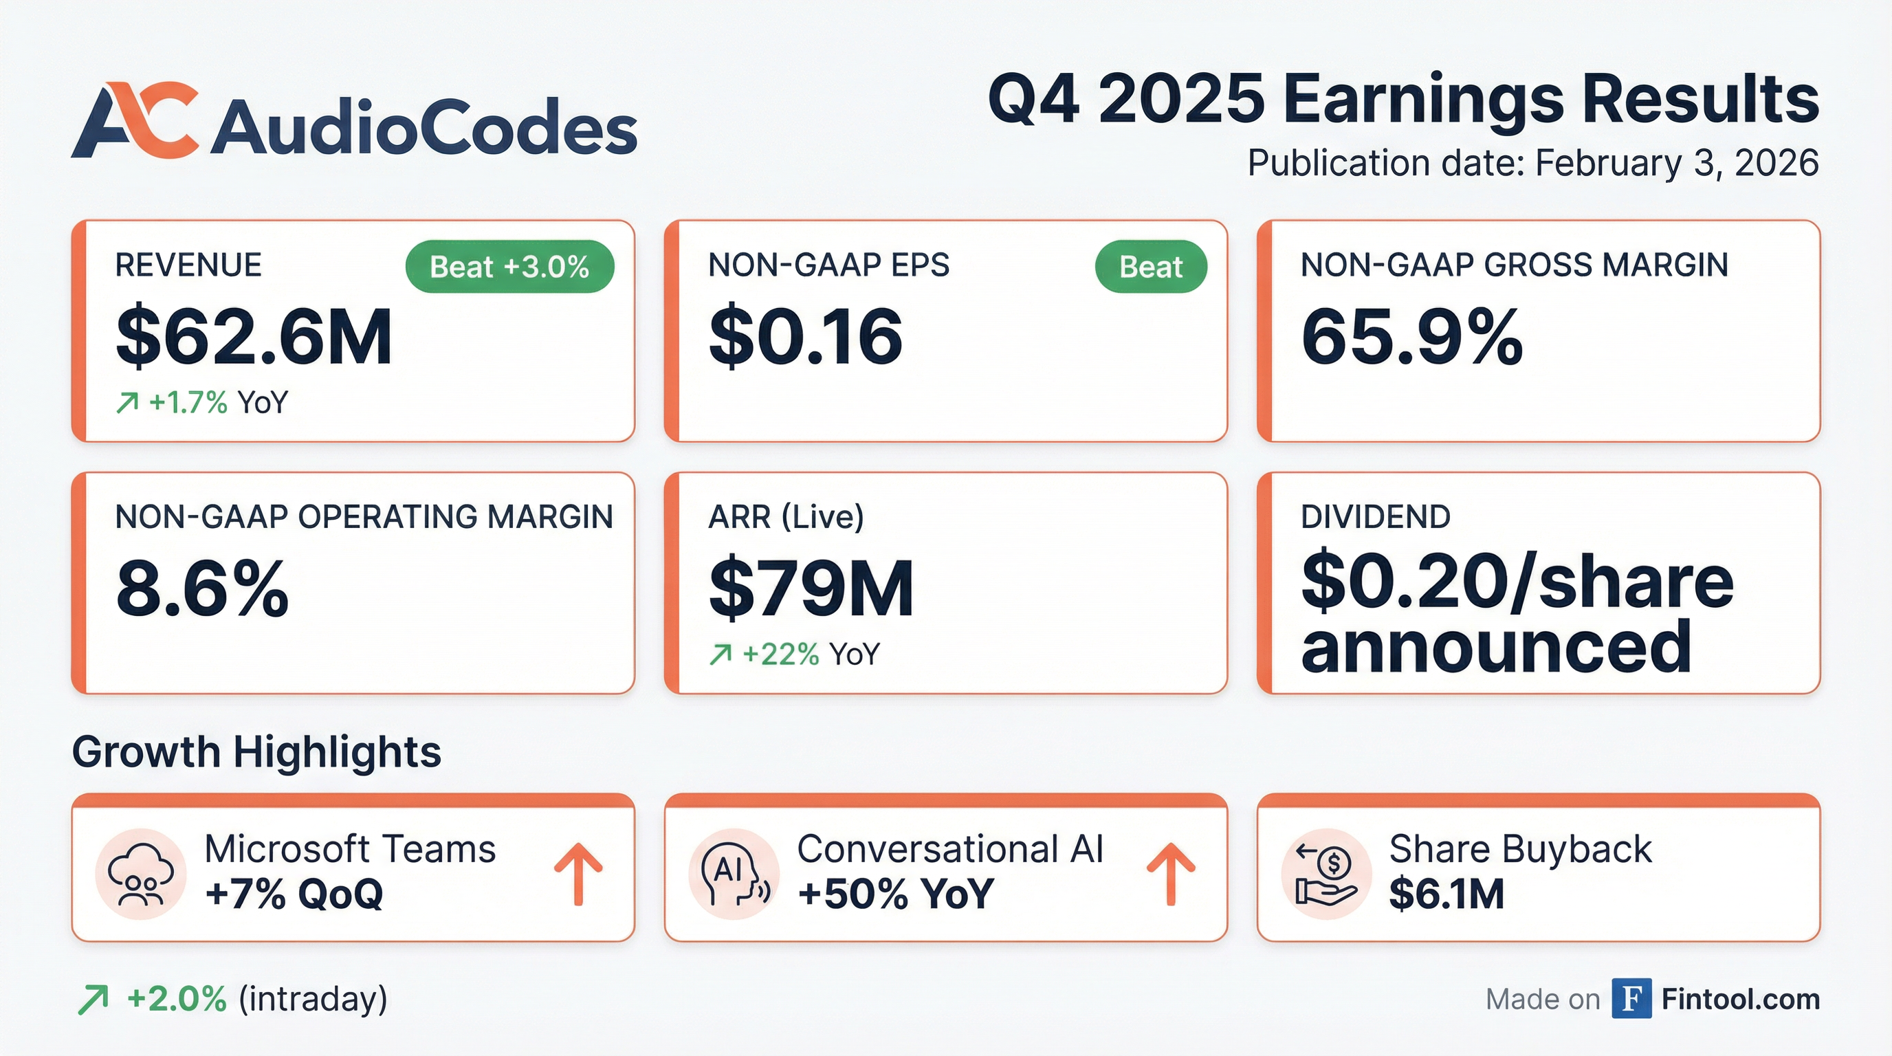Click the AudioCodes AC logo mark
(135, 120)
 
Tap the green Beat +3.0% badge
(509, 267)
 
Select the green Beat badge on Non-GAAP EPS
(1150, 267)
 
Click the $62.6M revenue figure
(254, 337)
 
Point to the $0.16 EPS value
(805, 337)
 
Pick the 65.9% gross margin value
(1411, 337)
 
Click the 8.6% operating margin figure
(202, 589)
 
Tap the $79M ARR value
(811, 589)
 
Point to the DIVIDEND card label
(1375, 517)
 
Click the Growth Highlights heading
(256, 752)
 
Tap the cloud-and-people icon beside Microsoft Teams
(140, 874)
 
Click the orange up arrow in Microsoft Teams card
(578, 873)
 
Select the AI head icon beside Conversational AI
(733, 874)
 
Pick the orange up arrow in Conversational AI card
(1171, 873)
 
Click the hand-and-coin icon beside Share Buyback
(1325, 874)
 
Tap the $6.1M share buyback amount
(1446, 894)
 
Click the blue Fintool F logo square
(1631, 999)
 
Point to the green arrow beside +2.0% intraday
(93, 1000)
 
